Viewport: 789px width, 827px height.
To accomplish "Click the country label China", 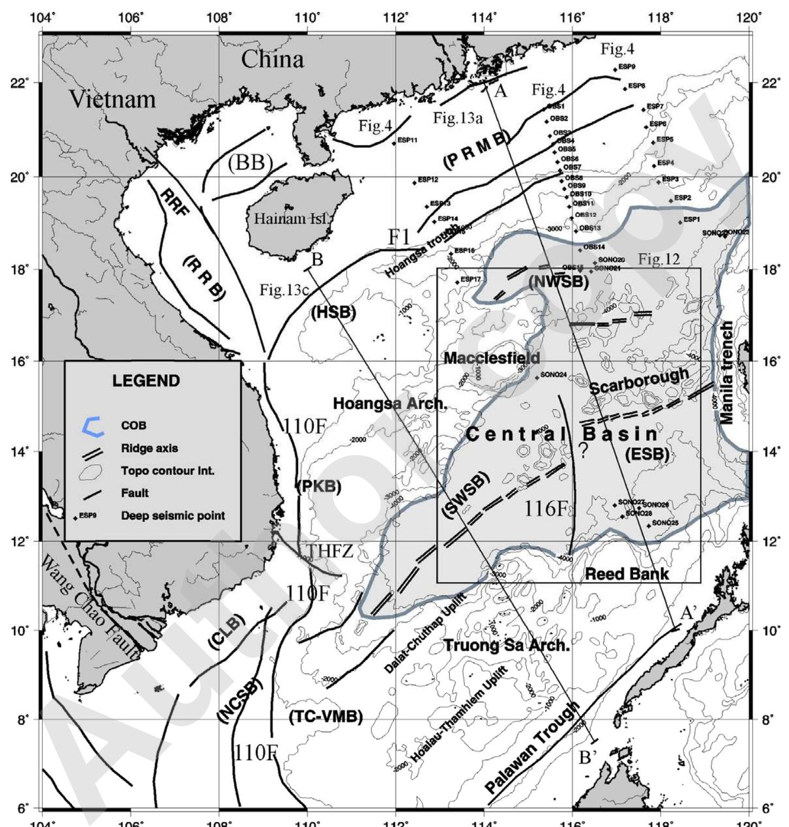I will [272, 59].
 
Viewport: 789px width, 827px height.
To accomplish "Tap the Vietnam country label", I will [112, 99].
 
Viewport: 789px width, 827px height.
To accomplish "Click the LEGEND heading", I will [146, 381].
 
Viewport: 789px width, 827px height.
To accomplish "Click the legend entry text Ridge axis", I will [149, 449].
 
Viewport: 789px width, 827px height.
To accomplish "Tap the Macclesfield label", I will [491, 358].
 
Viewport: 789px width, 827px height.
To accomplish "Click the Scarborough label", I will [639, 381].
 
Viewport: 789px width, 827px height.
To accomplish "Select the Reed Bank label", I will [627, 574].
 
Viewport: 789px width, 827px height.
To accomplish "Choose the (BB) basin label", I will [249, 163].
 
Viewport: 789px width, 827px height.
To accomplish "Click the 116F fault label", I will [545, 508].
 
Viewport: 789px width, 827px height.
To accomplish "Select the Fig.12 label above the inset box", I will [658, 259].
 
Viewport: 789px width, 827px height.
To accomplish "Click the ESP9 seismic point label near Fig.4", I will [626, 67].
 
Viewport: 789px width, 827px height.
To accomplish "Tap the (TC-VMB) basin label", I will [326, 717].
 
